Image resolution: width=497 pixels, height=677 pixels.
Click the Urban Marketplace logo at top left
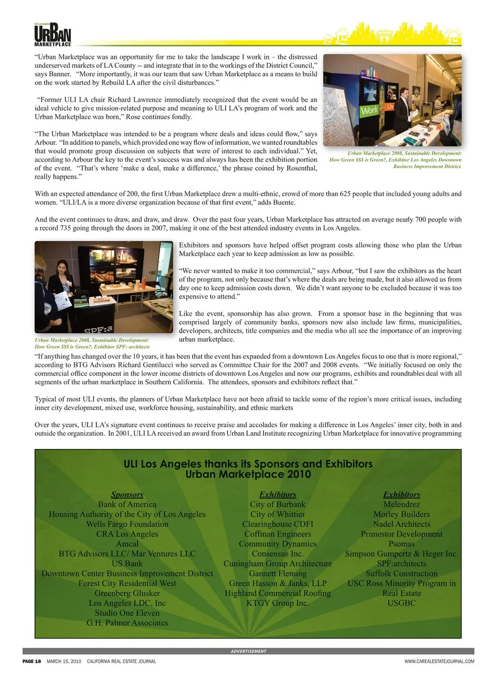52,35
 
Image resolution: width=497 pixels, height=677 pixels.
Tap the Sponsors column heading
127,494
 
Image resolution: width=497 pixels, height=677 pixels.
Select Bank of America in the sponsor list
127,504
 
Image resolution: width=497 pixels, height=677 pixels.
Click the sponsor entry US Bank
127,563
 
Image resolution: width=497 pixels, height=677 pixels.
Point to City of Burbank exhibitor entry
277,504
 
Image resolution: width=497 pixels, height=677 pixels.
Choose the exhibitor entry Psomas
402,544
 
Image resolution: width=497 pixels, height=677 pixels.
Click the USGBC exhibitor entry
402,603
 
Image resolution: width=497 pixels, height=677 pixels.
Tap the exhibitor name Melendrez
402,504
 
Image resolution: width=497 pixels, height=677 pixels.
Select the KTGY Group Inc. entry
277,603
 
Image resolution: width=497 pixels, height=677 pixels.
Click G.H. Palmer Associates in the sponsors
127,623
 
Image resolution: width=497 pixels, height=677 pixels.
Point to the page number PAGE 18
32,661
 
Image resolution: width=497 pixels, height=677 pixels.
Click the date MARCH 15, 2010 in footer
64,661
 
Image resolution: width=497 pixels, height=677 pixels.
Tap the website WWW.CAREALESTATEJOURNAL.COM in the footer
439,661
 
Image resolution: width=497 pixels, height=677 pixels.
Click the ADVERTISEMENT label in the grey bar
248,651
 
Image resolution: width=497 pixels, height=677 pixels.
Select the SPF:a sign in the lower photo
98,328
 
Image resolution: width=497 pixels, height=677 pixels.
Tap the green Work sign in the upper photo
369,110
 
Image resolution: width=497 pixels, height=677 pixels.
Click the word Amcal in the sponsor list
127,544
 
